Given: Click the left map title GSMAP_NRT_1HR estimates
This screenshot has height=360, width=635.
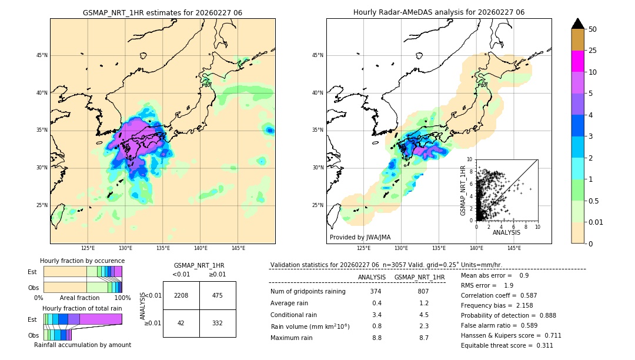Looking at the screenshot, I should (x=162, y=12).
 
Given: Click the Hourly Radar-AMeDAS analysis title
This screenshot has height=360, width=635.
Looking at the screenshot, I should (x=439, y=12).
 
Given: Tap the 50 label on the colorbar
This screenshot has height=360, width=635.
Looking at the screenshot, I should (x=593, y=29).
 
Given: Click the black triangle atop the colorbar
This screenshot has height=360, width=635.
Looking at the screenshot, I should (x=577, y=24).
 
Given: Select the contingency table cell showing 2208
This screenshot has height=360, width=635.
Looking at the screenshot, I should (x=181, y=295).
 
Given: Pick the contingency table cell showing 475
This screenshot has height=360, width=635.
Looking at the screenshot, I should (x=218, y=295).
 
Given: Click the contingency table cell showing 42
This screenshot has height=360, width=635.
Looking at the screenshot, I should (x=181, y=323).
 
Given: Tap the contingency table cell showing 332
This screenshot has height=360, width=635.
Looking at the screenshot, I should (x=218, y=323).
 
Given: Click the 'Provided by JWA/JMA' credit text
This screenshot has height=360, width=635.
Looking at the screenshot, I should (x=360, y=237).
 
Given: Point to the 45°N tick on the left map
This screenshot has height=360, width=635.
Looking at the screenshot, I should (x=42, y=55).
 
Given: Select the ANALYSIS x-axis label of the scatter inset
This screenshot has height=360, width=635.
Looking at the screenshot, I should (x=506, y=232).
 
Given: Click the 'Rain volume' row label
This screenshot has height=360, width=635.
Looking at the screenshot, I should (x=310, y=326).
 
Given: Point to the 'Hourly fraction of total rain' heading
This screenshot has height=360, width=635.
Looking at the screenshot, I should (x=82, y=308).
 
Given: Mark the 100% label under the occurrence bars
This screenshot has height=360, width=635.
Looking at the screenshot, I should (x=122, y=298).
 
